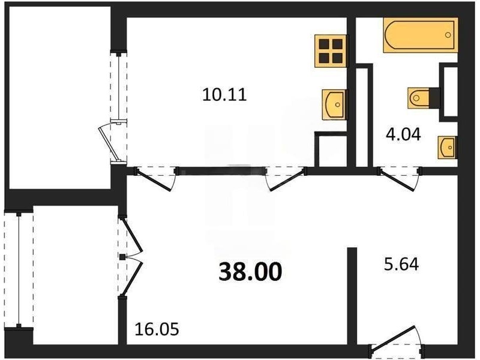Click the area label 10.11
[x=224, y=95]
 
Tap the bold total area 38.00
[x=250, y=272]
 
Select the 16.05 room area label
[x=157, y=329]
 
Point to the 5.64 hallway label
[x=401, y=264]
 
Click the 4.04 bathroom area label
[x=403, y=134]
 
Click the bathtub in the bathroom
[x=421, y=35]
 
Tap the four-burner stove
[x=332, y=51]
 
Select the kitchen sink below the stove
[x=335, y=104]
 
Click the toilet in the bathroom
[x=419, y=98]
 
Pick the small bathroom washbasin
[x=448, y=147]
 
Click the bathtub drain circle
[x=448, y=35]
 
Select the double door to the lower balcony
[x=130, y=257]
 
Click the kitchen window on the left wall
[x=119, y=86]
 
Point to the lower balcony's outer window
[x=19, y=269]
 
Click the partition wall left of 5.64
[x=352, y=296]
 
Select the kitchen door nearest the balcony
[x=155, y=178]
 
